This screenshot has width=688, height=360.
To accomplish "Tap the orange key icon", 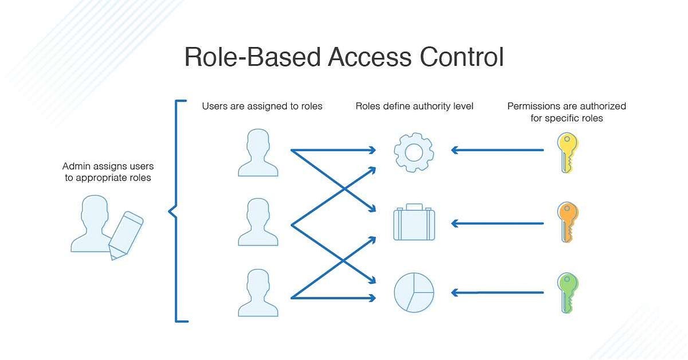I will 567,222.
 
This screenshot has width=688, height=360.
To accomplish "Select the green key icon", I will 567,292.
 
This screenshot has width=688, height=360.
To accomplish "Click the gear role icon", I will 413,152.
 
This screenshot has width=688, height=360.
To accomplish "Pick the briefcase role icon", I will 413,222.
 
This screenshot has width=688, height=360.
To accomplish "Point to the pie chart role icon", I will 413,292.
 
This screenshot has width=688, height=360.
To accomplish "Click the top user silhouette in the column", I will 258,153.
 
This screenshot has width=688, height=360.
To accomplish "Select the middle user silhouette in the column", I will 258,223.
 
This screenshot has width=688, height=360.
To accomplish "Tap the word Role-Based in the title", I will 252,58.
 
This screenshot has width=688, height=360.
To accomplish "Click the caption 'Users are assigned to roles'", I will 262,106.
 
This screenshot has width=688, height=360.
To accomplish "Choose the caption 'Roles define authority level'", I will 415,106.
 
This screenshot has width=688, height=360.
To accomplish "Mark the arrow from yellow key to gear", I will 497,150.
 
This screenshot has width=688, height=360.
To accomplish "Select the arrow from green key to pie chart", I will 497,292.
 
